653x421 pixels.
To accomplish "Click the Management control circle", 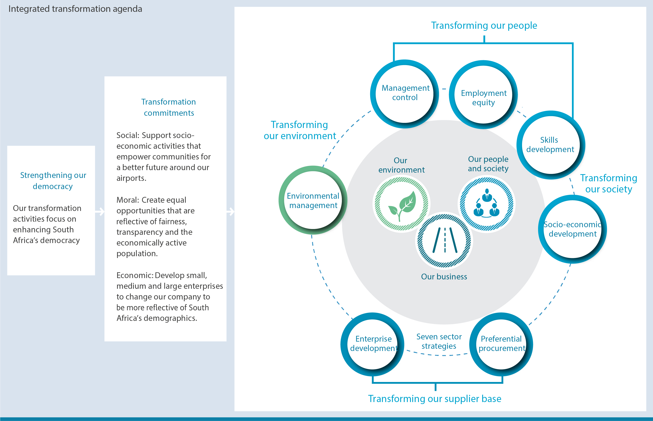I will click(x=405, y=94).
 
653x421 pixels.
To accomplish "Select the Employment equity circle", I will click(x=483, y=95).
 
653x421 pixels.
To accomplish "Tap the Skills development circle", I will click(x=551, y=145).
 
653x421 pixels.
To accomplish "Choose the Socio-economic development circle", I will click(x=572, y=229).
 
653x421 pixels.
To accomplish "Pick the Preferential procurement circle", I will click(x=501, y=344).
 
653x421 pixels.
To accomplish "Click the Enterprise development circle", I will click(x=373, y=344).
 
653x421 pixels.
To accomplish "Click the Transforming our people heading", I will click(x=484, y=25).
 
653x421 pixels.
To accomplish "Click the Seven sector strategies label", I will click(x=439, y=341).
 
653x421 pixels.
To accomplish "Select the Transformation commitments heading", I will click(x=169, y=107).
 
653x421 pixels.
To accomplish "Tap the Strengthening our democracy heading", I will click(x=53, y=180).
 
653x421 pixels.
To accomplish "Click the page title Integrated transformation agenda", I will click(x=75, y=9).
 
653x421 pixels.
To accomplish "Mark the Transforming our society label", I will click(x=608, y=184).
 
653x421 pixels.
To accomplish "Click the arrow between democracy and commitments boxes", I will click(x=100, y=212).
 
